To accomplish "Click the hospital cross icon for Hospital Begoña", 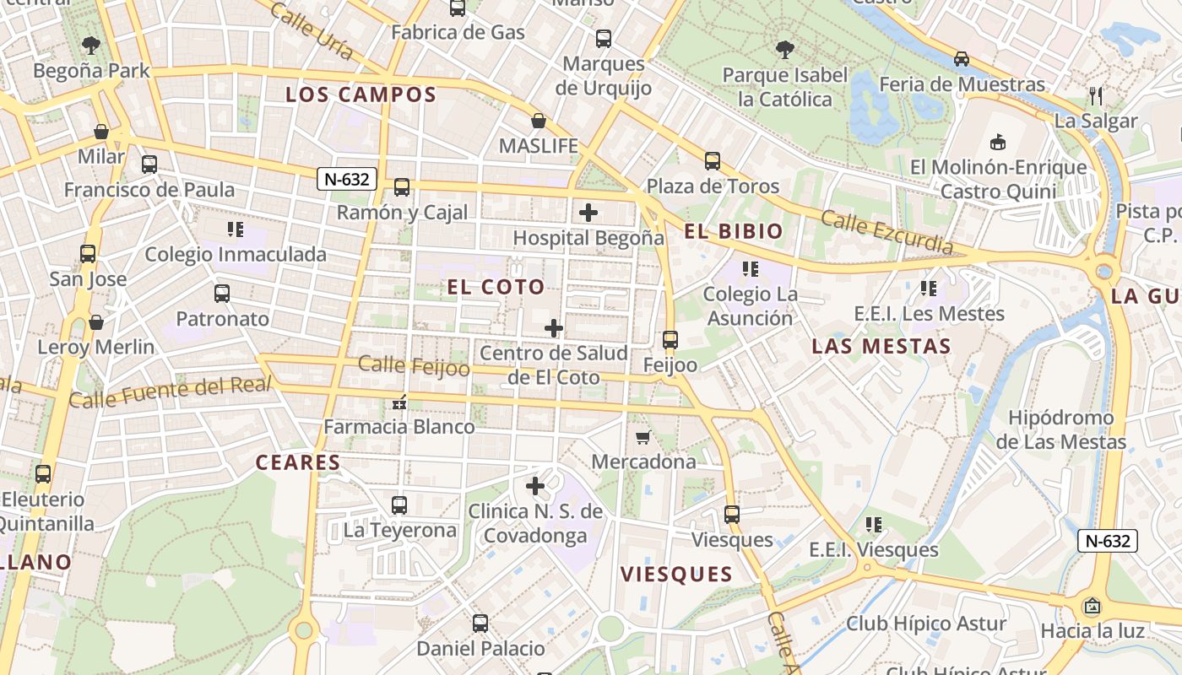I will tap(588, 213).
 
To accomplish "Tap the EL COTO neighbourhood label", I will tap(496, 287).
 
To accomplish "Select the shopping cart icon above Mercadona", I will tap(643, 437).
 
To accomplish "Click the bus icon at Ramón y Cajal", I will tap(402, 187).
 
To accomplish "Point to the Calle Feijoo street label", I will tap(414, 366).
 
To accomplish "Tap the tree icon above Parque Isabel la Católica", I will tap(785, 50).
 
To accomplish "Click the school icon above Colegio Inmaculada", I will tap(236, 229).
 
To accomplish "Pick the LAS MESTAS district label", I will tap(881, 346).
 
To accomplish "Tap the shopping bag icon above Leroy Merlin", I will tap(96, 322).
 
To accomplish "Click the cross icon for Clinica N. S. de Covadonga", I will tap(535, 486).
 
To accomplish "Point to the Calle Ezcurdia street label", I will tap(886, 233).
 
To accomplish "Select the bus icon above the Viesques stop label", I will tap(732, 514).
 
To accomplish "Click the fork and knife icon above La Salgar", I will tap(1096, 95).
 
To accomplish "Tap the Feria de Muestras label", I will tap(962, 84).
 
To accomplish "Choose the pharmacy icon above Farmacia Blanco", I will tap(399, 402).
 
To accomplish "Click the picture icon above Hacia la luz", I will tap(1093, 606).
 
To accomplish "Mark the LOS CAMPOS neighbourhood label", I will tap(361, 94).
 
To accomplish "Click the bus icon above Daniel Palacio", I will tap(480, 624).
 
